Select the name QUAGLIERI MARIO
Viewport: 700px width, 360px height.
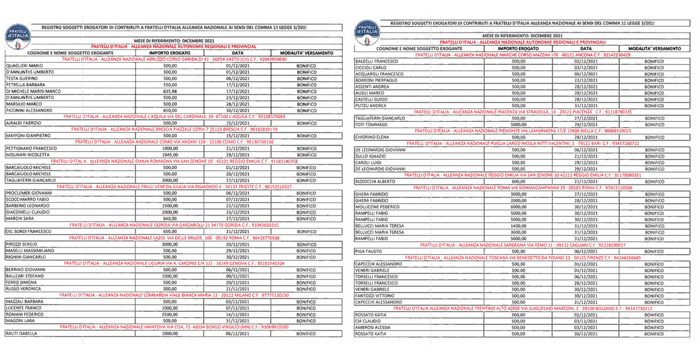pos(25,66)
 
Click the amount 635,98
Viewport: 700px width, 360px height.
pos(170,91)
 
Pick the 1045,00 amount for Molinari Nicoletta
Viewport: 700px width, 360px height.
pos(170,155)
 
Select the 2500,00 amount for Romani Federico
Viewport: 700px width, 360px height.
pos(170,314)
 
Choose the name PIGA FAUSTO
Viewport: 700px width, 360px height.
pos(368,251)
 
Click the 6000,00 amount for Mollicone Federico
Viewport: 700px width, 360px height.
pos(519,207)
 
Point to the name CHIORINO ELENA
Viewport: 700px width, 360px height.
pos(372,137)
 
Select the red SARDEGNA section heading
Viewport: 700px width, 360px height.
pos(523,245)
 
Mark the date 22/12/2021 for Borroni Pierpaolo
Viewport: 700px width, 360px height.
pos(586,80)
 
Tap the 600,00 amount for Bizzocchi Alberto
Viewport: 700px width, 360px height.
pos(519,181)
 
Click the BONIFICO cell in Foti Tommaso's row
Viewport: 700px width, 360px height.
pos(654,124)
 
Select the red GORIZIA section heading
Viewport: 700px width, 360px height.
pos(174,225)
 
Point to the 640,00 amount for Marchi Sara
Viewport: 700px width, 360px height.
pos(170,219)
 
